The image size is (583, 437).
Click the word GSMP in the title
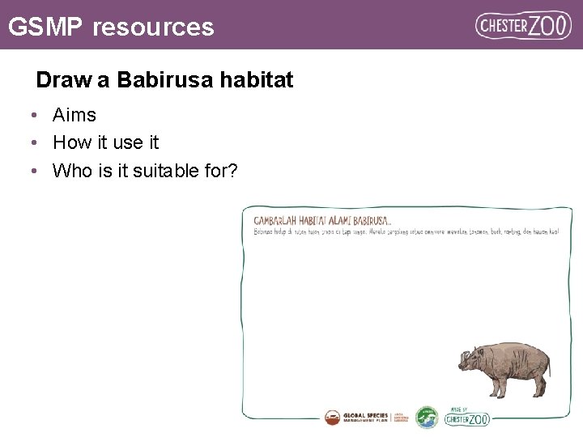click(45, 27)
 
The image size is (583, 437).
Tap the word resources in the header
click(153, 27)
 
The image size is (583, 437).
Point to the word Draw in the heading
click(60, 81)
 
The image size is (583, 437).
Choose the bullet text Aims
click(74, 116)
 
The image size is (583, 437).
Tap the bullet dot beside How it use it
click(35, 143)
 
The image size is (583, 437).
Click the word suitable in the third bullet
click(138, 171)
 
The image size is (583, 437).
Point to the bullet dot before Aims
click(35, 116)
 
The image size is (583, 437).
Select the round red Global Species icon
click(333, 418)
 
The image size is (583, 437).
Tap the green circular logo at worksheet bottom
click(427, 418)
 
